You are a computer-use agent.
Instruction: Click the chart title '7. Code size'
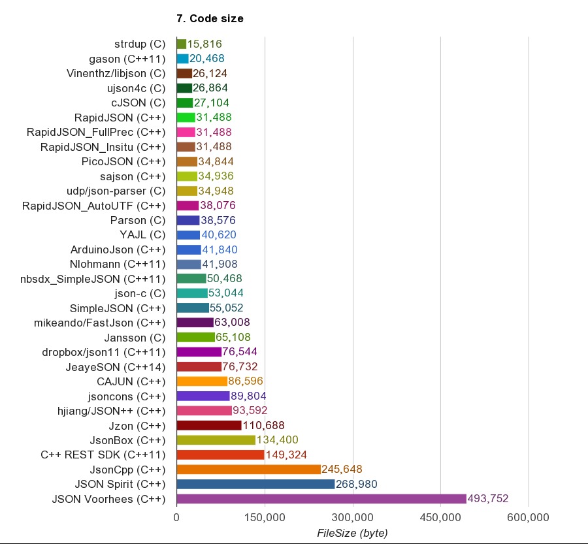[x=210, y=19]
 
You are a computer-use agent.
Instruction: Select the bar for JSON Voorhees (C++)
[x=321, y=499]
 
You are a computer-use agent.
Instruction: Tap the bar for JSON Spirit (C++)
[x=255, y=484]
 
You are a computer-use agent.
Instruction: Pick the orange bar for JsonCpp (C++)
[x=248, y=470]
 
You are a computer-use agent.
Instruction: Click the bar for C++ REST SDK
[x=220, y=455]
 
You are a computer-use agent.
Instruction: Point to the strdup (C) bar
[x=182, y=44]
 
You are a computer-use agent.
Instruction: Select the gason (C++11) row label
[x=130, y=59]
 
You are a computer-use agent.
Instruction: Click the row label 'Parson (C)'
[x=138, y=220]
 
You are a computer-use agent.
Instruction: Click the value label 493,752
[x=488, y=499]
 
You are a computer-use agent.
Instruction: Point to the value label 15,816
[x=204, y=44]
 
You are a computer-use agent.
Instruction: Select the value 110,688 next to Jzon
[x=264, y=425]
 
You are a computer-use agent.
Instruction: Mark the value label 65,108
[x=233, y=338]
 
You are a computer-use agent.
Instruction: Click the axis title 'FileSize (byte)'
[x=352, y=533]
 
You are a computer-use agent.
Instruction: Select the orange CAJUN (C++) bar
[x=202, y=381]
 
